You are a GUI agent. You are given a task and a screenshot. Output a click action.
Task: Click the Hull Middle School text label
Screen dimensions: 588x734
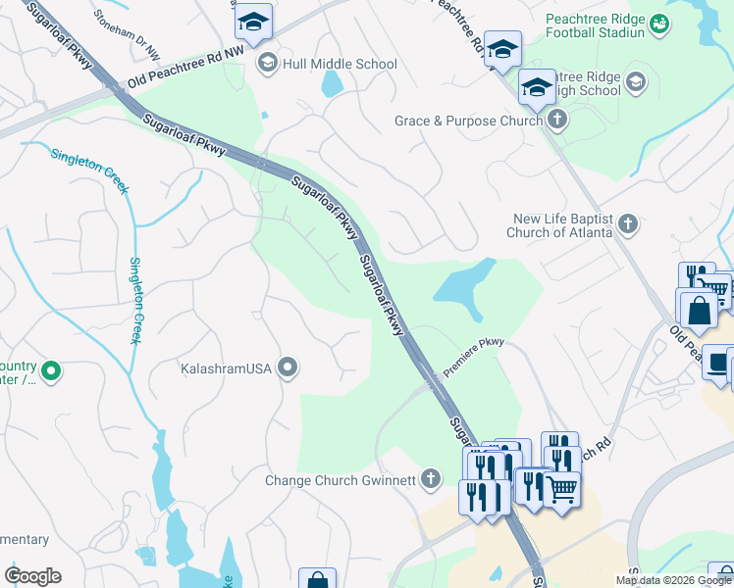point(340,64)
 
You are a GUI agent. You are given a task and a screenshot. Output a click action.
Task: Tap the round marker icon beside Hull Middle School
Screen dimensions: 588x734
point(266,64)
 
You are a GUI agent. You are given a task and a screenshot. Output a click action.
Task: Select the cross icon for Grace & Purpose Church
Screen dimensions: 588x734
point(557,121)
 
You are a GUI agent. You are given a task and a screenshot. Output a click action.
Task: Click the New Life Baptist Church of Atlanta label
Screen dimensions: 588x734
point(561,226)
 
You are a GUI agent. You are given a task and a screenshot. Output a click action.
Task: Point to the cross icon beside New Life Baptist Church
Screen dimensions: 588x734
point(628,226)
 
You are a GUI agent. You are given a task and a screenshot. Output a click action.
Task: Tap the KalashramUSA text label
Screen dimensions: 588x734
point(226,368)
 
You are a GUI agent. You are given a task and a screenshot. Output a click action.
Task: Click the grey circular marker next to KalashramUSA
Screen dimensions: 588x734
point(288,368)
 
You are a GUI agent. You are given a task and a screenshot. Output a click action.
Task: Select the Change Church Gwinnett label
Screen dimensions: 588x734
point(341,480)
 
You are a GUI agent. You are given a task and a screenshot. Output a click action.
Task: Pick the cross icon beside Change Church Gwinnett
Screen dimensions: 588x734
point(429,480)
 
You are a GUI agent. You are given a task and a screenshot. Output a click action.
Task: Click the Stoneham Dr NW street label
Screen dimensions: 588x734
point(126,19)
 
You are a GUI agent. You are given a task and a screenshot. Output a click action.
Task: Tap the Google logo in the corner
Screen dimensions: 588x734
point(32,576)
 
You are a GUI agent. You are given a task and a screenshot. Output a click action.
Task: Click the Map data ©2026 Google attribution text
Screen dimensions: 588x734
point(672,580)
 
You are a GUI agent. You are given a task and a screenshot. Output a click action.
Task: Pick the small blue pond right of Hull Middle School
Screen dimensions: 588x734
point(332,84)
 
